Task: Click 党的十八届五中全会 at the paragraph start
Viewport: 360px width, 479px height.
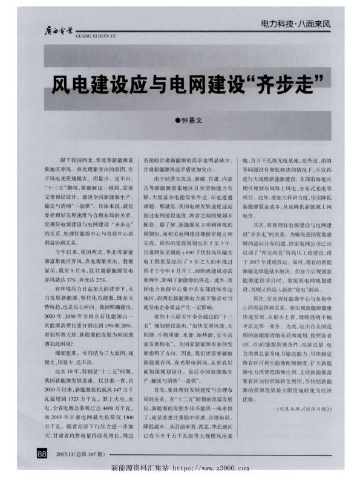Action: click(x=175, y=316)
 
